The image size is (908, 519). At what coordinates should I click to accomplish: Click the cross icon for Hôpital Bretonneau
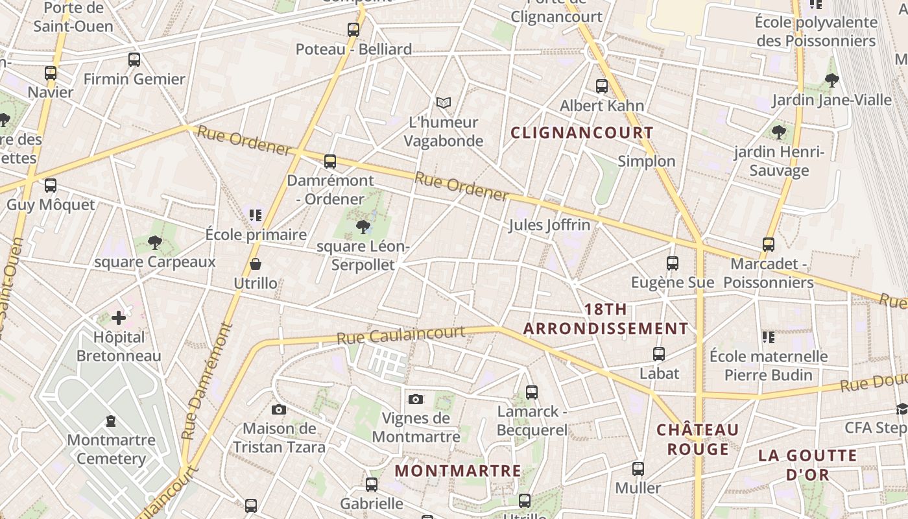click(119, 318)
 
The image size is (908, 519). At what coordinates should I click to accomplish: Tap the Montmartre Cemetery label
click(112, 449)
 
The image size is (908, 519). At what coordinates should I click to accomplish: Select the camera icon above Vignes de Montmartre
click(416, 399)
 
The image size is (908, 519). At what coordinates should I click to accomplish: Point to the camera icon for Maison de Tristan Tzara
click(279, 409)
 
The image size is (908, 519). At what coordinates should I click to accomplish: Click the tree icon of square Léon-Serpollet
click(363, 226)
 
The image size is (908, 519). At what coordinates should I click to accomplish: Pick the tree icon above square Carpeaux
click(154, 243)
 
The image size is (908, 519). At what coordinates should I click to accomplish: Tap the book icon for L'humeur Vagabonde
click(444, 103)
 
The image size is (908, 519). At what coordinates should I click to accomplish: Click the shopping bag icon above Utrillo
click(256, 264)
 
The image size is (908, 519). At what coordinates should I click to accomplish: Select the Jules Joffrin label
click(549, 225)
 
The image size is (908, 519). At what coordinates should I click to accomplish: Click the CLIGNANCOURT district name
click(582, 133)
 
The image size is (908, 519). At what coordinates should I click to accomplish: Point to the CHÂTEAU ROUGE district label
click(698, 439)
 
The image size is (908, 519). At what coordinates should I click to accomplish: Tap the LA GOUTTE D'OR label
click(807, 465)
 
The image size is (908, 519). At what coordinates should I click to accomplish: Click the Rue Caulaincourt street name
click(400, 335)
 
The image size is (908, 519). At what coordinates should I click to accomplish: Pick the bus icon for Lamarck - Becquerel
click(532, 392)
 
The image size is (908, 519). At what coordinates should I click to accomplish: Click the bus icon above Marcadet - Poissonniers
click(769, 245)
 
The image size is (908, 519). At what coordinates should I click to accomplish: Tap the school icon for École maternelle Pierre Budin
click(769, 337)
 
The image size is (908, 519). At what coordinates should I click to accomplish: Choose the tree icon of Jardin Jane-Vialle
click(831, 80)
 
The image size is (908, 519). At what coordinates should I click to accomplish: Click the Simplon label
click(647, 161)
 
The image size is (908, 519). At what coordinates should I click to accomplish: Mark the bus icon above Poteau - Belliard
click(353, 30)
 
